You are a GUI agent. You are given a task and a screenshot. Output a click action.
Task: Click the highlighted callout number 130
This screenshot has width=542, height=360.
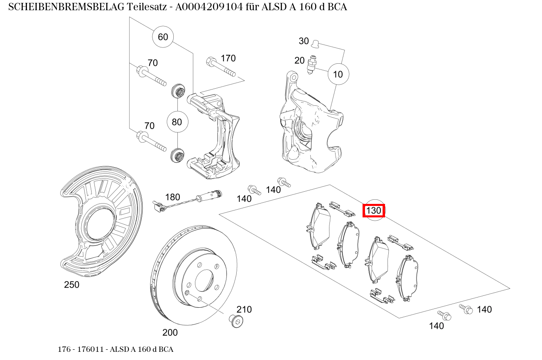tap(374, 211)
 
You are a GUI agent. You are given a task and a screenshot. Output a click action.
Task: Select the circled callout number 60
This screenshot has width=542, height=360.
tap(163, 37)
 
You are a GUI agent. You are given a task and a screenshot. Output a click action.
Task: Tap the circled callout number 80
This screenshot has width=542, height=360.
tap(177, 122)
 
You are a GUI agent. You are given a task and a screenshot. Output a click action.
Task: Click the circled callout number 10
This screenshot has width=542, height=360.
tap(338, 74)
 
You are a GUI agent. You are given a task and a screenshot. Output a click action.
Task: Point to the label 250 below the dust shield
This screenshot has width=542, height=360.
tap(72, 285)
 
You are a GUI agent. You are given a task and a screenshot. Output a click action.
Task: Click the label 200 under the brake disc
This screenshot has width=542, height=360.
tap(170, 333)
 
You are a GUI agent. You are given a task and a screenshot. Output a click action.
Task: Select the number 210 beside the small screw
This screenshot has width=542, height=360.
tap(244, 309)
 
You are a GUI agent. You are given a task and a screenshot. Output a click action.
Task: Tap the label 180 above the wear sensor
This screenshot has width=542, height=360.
tap(172, 197)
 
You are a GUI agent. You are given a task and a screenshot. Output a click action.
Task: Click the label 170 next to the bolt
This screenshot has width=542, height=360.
tap(228, 58)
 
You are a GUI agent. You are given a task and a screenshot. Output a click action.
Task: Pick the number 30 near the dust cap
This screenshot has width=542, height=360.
tap(304, 41)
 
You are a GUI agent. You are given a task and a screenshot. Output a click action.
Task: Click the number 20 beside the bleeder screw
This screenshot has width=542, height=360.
tap(300, 60)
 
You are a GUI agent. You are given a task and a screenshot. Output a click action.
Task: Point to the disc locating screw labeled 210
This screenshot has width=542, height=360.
tap(235, 321)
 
